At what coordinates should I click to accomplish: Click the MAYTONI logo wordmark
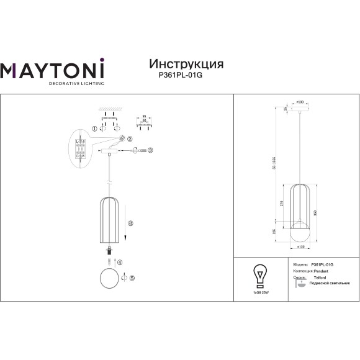tap(52, 70)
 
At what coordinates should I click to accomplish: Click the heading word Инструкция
tap(186, 64)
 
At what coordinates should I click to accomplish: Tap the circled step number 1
tap(94, 128)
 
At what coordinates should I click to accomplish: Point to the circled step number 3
tap(150, 150)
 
